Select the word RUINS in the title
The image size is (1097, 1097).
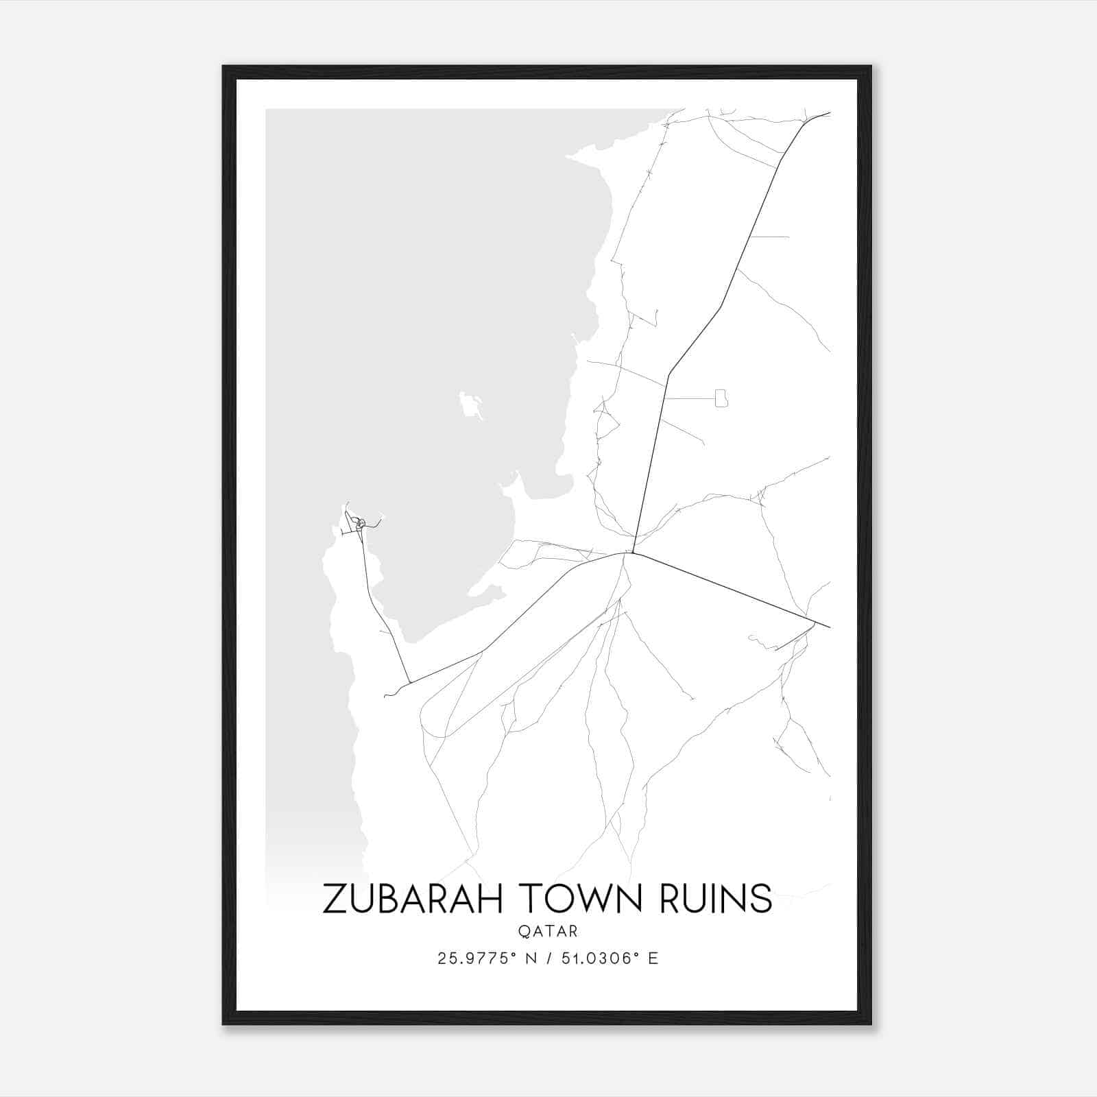(716, 898)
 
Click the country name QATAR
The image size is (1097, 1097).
(548, 932)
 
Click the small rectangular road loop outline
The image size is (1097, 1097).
(721, 398)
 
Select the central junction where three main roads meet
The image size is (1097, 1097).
(631, 553)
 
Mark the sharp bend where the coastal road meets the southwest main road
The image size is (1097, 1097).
(409, 683)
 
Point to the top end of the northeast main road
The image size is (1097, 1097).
(829, 113)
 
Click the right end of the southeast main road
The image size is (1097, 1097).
(829, 627)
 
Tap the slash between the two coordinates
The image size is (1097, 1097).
(548, 959)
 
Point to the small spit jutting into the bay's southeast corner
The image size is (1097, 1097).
(511, 483)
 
